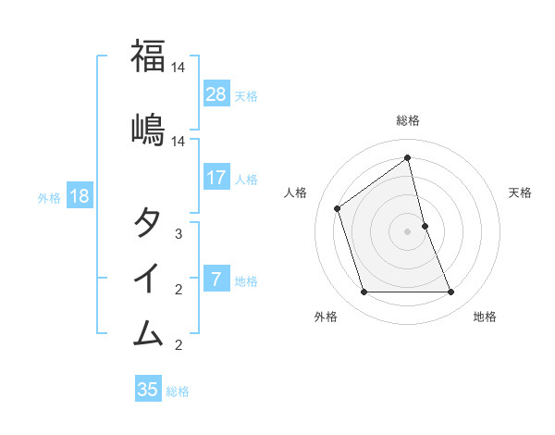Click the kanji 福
(148, 56)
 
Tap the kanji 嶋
(148, 130)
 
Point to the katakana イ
(148, 277)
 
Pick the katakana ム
(148, 330)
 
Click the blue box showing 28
(216, 94)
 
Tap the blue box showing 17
(216, 178)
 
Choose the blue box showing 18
(79, 196)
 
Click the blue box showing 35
(148, 390)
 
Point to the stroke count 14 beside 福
(179, 68)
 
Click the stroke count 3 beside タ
(179, 234)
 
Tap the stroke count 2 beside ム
(179, 345)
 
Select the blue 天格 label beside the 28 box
(246, 95)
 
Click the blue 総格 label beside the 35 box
(178, 391)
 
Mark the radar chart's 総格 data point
(407, 157)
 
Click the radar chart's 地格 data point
(451, 292)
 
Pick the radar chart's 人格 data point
(337, 208)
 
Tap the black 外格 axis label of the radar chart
(326, 317)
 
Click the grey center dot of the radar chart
(407, 231)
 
